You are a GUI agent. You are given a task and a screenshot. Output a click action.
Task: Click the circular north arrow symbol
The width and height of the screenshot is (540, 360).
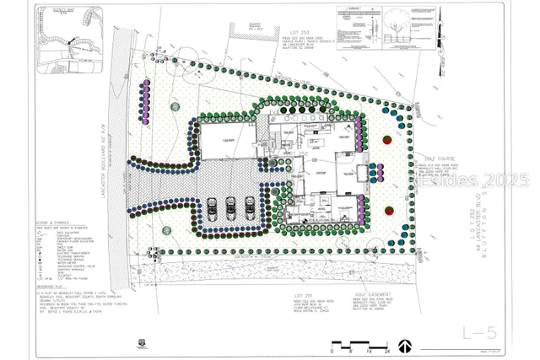coord(405,346)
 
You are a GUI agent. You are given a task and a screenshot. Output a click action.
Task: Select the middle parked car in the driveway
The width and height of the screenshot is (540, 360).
coord(230,207)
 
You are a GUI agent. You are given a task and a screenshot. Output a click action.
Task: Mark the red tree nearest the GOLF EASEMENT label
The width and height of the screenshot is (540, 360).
coord(389,212)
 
